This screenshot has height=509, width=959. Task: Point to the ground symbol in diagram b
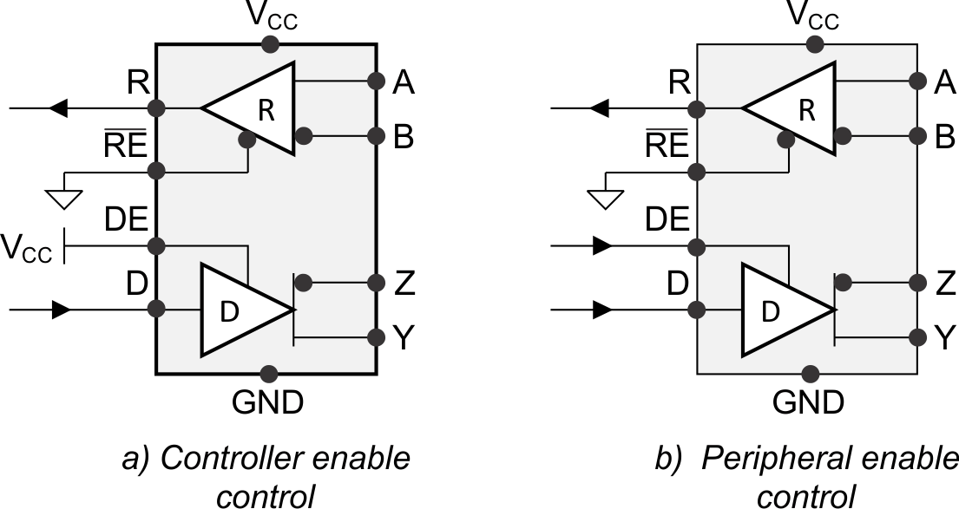click(x=605, y=199)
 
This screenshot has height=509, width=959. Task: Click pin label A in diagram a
click(x=404, y=82)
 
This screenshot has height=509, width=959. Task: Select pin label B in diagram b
click(x=945, y=136)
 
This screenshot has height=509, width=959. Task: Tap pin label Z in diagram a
click(x=404, y=283)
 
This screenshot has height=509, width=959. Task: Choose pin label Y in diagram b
click(x=945, y=337)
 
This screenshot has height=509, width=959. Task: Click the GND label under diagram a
click(x=267, y=402)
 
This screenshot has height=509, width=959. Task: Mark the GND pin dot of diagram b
click(x=810, y=374)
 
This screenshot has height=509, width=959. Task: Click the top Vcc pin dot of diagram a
click(x=270, y=43)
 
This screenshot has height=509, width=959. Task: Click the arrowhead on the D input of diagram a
click(x=60, y=310)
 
